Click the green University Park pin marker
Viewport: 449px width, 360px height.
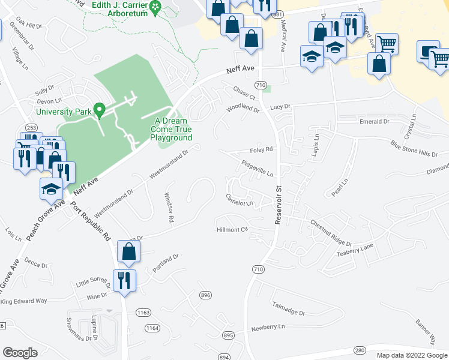pyautogui.click(x=101, y=110)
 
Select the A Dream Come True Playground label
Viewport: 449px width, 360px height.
pyautogui.click(x=171, y=129)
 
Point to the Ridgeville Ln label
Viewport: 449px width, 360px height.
pyautogui.click(x=258, y=167)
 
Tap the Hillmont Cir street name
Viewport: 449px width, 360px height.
pyautogui.click(x=232, y=230)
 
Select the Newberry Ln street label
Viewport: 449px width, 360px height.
pyautogui.click(x=268, y=328)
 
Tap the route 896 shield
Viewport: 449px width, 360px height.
pyautogui.click(x=206, y=295)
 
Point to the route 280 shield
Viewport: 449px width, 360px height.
pyautogui.click(x=360, y=350)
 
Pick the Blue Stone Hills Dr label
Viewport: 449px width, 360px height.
pyautogui.click(x=414, y=149)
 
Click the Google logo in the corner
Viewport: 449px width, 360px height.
pyautogui.click(x=20, y=353)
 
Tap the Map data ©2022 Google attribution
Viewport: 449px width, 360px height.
pyautogui.click(x=411, y=355)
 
